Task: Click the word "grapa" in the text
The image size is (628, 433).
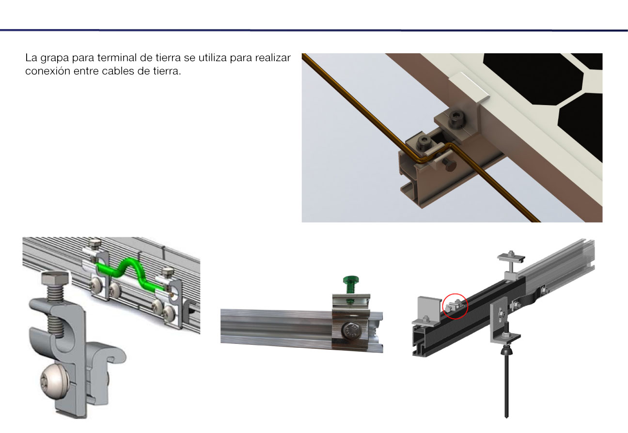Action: (x=55, y=59)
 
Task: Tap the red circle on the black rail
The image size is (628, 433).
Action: (x=455, y=306)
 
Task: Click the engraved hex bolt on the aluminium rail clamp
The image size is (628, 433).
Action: (x=351, y=331)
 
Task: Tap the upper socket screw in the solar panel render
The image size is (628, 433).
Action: (x=457, y=120)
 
